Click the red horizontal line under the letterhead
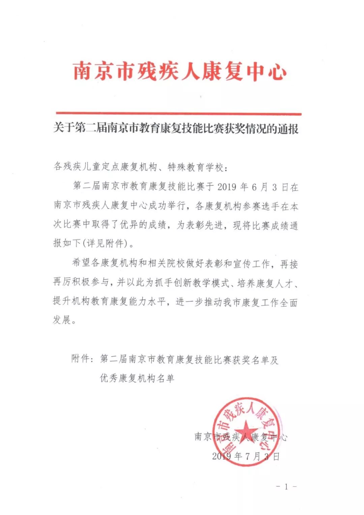tap(179, 114)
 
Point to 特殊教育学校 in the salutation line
tap(195, 167)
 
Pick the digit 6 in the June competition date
tap(255, 187)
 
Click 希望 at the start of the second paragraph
tap(81, 263)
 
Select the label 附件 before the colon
tap(81, 359)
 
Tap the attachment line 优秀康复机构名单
tap(137, 378)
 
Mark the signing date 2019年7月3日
tap(246, 456)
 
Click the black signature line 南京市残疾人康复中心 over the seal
tap(241, 437)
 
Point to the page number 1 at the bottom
tap(286, 487)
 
